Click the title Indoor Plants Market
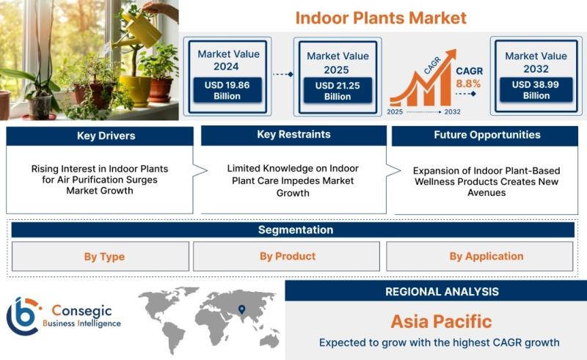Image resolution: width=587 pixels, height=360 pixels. tap(381, 18)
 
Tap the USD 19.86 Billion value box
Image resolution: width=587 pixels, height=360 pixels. tap(227, 90)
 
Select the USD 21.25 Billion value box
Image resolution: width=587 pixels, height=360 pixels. tap(338, 91)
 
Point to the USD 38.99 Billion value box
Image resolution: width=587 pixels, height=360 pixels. tap(536, 89)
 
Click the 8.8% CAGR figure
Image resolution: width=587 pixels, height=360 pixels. tap(468, 84)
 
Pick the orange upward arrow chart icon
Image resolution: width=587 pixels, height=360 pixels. tap(423, 78)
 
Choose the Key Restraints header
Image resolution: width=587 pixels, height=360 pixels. tap(294, 135)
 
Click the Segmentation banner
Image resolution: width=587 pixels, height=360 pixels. tap(293, 229)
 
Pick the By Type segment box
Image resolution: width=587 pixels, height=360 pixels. tap(101, 257)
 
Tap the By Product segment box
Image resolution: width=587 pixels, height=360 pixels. tap(286, 257)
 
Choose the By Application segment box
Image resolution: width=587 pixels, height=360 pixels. tap(480, 257)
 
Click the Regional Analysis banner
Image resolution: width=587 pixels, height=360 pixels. tap(436, 291)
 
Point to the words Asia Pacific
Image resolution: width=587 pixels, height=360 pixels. tap(442, 321)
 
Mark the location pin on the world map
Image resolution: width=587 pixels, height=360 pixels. tap(242, 309)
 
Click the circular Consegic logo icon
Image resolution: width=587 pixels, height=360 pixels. tap(23, 316)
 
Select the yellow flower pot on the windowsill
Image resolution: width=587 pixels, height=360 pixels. tap(135, 90)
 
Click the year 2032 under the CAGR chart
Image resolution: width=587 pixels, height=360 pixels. tap(452, 112)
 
